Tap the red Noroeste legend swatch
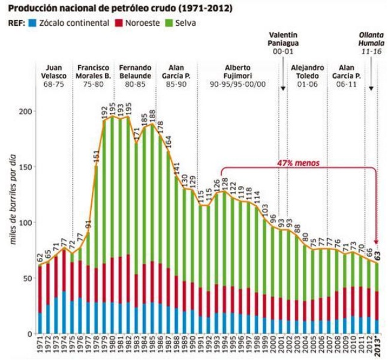(120, 23)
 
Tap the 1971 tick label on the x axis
(40, 345)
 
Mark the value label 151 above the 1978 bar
(96, 157)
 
